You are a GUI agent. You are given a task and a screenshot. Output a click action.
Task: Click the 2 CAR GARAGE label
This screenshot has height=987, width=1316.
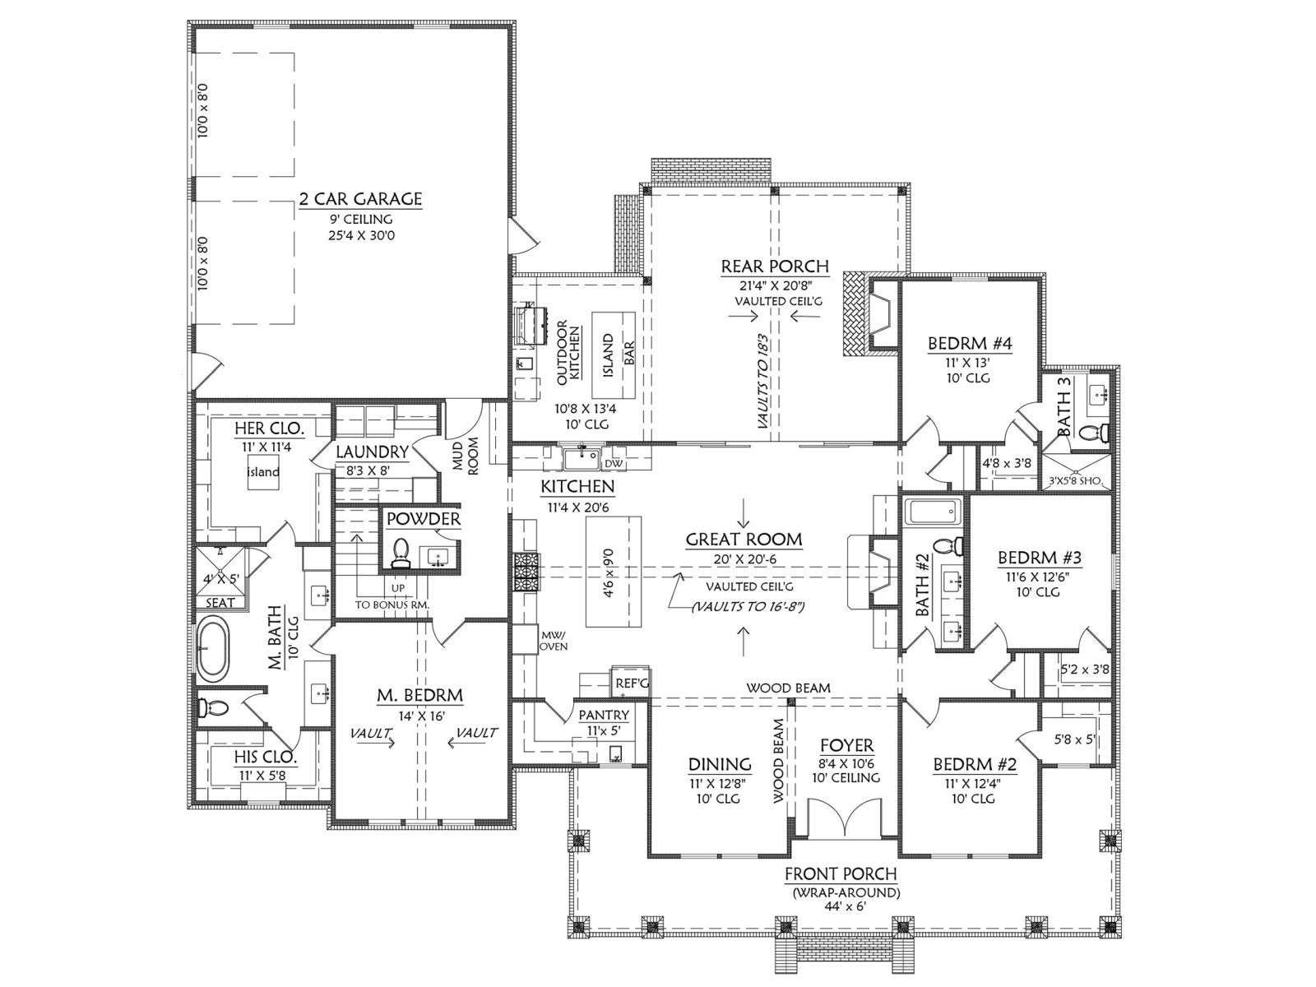click(360, 198)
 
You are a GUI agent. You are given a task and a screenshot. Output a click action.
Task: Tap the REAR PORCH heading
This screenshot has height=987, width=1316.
click(775, 266)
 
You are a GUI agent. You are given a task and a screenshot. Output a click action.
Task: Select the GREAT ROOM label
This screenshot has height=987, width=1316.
click(744, 540)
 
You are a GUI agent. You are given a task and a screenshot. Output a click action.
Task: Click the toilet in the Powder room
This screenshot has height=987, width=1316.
click(400, 553)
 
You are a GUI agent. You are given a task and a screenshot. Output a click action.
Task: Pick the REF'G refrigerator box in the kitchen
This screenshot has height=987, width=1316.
click(630, 681)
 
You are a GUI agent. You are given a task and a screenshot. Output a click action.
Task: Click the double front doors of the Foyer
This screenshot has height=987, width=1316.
click(846, 818)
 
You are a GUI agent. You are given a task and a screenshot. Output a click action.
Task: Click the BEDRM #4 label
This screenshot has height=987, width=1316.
click(970, 343)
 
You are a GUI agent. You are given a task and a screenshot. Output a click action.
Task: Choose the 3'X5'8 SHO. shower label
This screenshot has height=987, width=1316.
click(1077, 480)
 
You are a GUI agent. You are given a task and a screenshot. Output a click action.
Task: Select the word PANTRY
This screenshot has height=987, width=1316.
click(604, 714)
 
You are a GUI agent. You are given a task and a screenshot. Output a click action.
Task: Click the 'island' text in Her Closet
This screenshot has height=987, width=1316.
click(263, 471)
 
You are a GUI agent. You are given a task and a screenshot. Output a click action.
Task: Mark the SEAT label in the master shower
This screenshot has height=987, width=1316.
click(220, 603)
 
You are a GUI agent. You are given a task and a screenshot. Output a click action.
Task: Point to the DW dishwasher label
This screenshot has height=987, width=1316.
click(612, 463)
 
